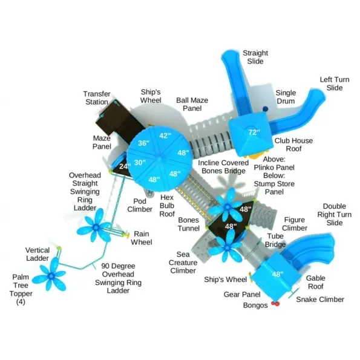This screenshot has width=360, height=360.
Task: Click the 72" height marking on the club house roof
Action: point(254,132)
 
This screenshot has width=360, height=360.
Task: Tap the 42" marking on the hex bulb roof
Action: point(165,136)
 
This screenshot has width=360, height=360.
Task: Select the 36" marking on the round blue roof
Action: point(144,143)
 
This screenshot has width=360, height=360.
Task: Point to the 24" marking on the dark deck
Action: point(125,166)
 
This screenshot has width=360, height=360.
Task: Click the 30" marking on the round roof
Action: point(140,162)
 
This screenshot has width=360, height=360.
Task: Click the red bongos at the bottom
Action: point(275,304)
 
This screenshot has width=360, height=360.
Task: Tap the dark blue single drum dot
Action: point(266,108)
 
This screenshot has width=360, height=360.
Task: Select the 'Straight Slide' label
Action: point(255,57)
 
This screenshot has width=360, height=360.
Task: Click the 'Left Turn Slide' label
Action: point(335,83)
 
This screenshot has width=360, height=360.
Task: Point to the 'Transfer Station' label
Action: point(97,98)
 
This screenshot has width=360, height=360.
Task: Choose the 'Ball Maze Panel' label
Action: point(192,104)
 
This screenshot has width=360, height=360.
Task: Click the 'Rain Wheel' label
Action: point(142,238)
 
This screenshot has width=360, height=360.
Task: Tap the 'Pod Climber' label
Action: point(140,205)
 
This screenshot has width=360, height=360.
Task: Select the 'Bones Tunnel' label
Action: point(189,224)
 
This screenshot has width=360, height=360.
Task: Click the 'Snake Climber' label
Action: point(320,299)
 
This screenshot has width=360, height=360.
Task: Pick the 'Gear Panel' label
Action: point(242,294)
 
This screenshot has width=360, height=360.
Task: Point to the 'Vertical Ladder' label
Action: point(38,254)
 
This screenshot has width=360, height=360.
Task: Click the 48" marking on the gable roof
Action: point(278,274)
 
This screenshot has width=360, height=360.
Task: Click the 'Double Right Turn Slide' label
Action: point(334,214)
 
